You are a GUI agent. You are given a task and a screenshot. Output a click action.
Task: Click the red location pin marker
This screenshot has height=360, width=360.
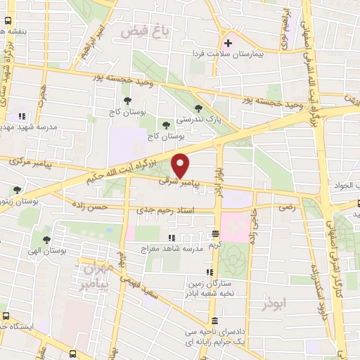181,165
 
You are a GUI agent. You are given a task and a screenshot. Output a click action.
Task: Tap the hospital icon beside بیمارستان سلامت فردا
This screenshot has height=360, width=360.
227,42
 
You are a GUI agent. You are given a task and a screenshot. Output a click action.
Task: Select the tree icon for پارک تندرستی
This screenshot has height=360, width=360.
199,108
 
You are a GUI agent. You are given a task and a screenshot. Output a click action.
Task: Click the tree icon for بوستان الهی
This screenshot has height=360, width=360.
47,240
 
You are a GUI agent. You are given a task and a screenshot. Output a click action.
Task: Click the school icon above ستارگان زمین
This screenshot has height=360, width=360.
208,273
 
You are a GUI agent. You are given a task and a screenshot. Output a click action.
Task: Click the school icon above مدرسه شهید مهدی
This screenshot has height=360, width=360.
22,116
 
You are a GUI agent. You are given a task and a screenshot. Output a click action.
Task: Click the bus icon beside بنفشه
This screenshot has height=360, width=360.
6,31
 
